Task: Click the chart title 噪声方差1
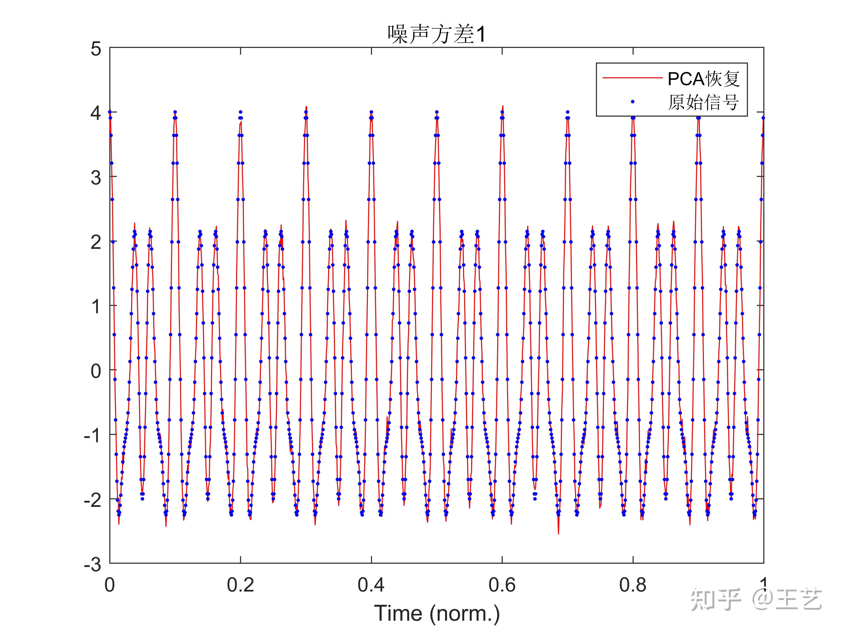pyautogui.click(x=436, y=34)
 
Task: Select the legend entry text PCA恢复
pyautogui.click(x=703, y=79)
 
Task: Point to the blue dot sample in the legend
pyautogui.click(x=633, y=102)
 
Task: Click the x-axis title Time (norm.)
pyautogui.click(x=436, y=613)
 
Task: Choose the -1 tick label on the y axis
pyautogui.click(x=93, y=435)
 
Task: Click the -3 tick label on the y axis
pyautogui.click(x=93, y=564)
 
